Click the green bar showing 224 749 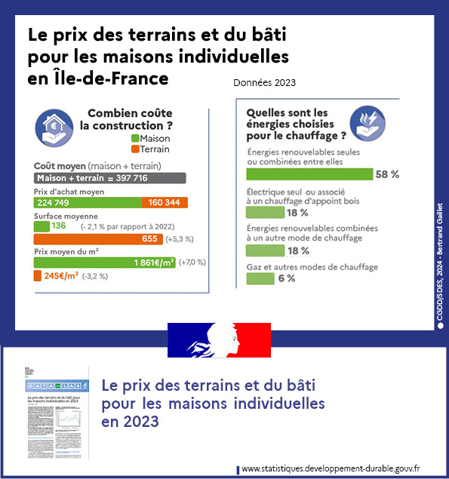[x=88, y=202]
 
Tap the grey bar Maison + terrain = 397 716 [x=109, y=178]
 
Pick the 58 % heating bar [x=310, y=174]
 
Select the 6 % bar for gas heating [x=260, y=278]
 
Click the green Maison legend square [x=135, y=139]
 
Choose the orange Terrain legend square [x=135, y=149]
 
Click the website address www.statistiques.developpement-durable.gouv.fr [x=331, y=469]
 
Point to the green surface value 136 [x=59, y=226]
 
